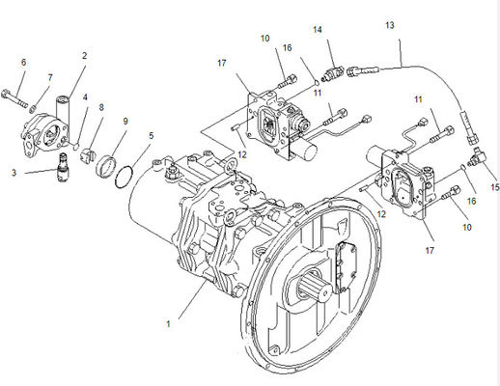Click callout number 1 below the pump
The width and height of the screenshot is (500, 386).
click(x=168, y=323)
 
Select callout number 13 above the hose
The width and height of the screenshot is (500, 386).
click(x=390, y=25)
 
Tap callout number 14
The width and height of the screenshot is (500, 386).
click(x=318, y=30)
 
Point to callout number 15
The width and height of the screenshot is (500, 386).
click(x=495, y=187)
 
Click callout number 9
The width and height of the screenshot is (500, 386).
click(x=125, y=121)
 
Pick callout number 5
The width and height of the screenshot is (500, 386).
click(x=151, y=135)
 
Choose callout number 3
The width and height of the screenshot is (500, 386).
click(x=14, y=173)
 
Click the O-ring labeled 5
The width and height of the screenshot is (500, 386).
click(x=124, y=177)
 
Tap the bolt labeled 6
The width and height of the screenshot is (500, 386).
click(x=14, y=98)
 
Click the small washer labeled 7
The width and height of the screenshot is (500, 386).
click(x=32, y=109)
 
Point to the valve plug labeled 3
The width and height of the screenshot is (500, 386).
click(x=63, y=167)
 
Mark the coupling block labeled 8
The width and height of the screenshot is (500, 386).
click(x=87, y=154)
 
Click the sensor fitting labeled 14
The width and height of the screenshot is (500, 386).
click(x=332, y=73)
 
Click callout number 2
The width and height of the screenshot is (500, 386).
click(x=84, y=56)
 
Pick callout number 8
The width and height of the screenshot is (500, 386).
click(x=101, y=107)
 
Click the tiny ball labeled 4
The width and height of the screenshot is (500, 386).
click(x=75, y=147)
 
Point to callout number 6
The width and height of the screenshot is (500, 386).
click(x=23, y=62)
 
